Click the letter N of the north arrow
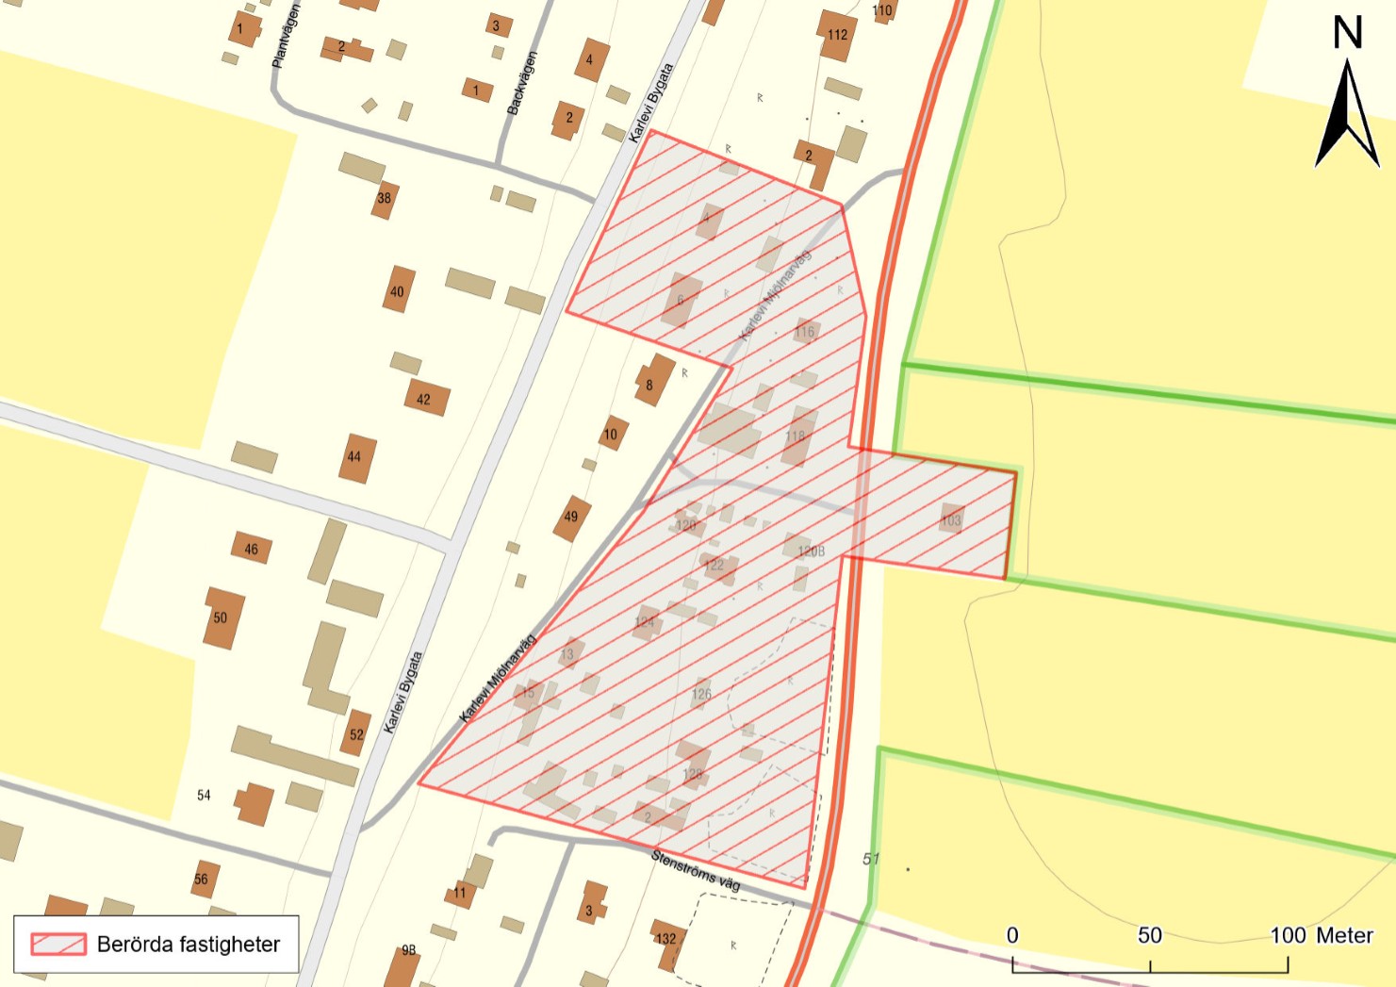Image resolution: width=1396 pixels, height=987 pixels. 1347,33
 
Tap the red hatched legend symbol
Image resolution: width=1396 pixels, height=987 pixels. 58,944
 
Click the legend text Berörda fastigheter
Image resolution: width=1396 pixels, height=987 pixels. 189,944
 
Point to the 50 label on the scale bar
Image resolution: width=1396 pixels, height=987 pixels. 1149,935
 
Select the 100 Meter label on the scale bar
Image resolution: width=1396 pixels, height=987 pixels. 1321,935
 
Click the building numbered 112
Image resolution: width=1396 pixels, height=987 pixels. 837,35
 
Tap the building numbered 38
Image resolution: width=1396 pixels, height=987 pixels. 384,199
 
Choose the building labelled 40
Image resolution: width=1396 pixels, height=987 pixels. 398,290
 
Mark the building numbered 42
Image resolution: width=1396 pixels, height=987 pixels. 425,399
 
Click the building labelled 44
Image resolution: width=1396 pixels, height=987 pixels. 355,458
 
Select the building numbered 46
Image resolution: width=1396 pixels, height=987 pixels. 251,549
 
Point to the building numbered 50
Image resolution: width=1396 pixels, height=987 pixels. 222,618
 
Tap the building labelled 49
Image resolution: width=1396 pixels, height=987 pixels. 571,517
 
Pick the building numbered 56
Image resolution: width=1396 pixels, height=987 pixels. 203,879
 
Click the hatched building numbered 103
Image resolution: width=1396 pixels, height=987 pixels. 951,519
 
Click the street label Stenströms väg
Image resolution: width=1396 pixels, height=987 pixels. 696,870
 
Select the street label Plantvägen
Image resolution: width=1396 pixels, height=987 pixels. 285,36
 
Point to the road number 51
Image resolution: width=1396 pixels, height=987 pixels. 870,859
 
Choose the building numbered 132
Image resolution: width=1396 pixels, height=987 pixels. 666,939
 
